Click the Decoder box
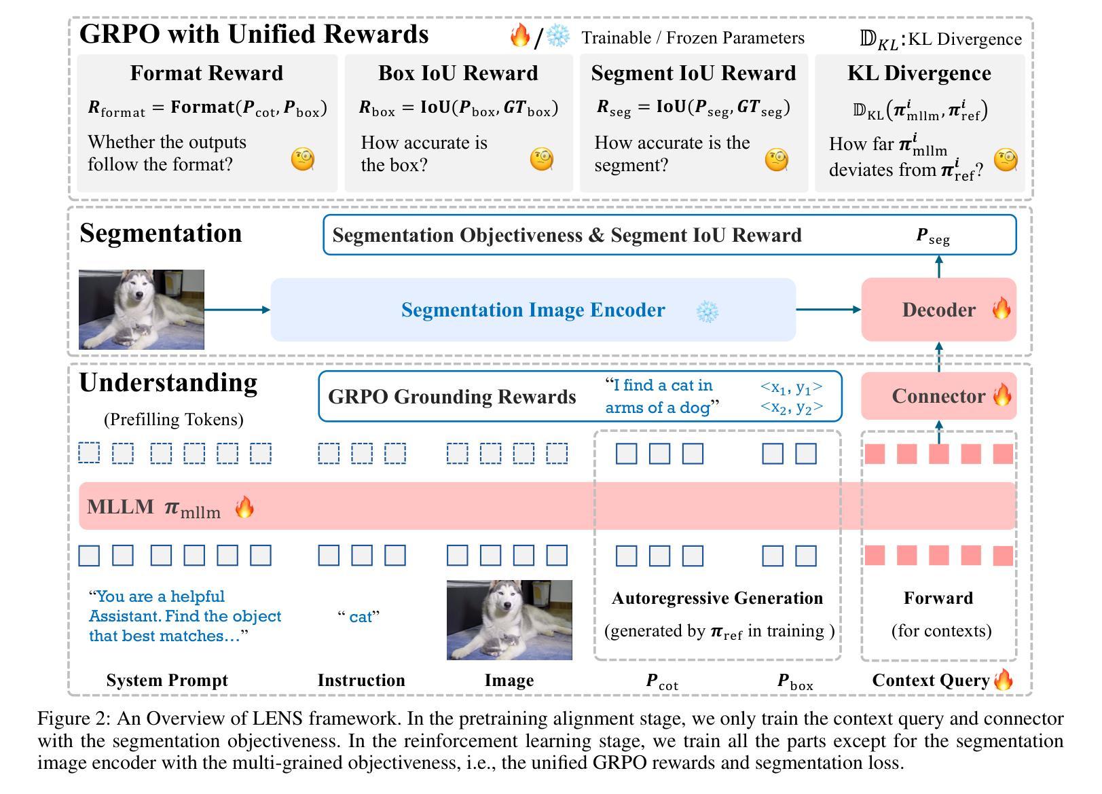pos(938,310)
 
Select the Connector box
pos(938,396)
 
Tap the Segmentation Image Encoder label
pos(533,310)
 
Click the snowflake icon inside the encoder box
pos(708,311)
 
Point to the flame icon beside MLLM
pos(244,507)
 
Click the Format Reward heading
pos(206,73)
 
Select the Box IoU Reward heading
pos(458,73)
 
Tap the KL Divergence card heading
pos(919,73)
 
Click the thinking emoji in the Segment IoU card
pos(777,160)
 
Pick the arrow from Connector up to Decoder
pos(939,356)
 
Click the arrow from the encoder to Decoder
pos(828,310)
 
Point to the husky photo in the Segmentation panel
pos(141,310)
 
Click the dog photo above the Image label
pos(509,619)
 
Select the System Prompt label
pos(167,680)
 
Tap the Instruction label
pos(361,680)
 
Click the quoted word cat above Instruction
pos(359,617)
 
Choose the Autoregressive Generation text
pos(717,598)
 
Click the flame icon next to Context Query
pos(1004,679)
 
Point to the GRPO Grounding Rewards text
pos(452,397)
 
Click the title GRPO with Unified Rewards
pos(254,34)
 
